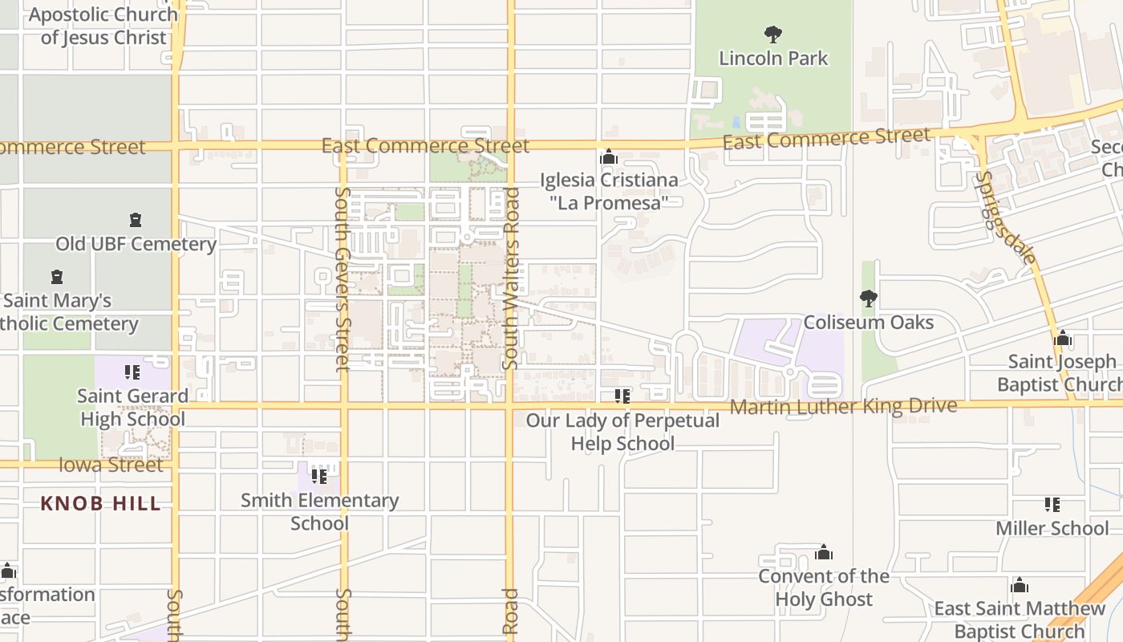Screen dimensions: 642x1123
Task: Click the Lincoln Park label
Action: click(773, 58)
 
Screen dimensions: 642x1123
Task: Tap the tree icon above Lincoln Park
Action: click(772, 35)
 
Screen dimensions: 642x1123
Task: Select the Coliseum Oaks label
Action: click(869, 323)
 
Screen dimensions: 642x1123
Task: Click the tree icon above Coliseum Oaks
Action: click(868, 299)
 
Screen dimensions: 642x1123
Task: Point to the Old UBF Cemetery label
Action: click(136, 244)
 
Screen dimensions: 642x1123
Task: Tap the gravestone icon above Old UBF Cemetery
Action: click(135, 220)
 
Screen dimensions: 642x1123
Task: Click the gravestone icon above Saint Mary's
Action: click(57, 277)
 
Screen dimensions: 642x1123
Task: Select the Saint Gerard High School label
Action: click(132, 408)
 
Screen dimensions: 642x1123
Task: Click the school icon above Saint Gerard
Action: click(132, 372)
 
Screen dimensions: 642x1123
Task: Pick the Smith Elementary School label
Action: click(319, 512)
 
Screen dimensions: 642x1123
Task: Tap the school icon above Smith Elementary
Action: click(319, 476)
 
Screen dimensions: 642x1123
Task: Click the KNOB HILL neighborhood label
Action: click(101, 504)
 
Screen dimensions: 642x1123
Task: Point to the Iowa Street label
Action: click(111, 465)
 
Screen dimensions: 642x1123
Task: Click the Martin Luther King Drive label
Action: click(843, 406)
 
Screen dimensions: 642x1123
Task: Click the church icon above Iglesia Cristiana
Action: click(609, 156)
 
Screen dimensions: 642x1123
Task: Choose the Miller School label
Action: click(1052, 528)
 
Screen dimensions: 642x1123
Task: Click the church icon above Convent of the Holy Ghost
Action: click(824, 552)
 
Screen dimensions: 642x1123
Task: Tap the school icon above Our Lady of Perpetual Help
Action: click(622, 396)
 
